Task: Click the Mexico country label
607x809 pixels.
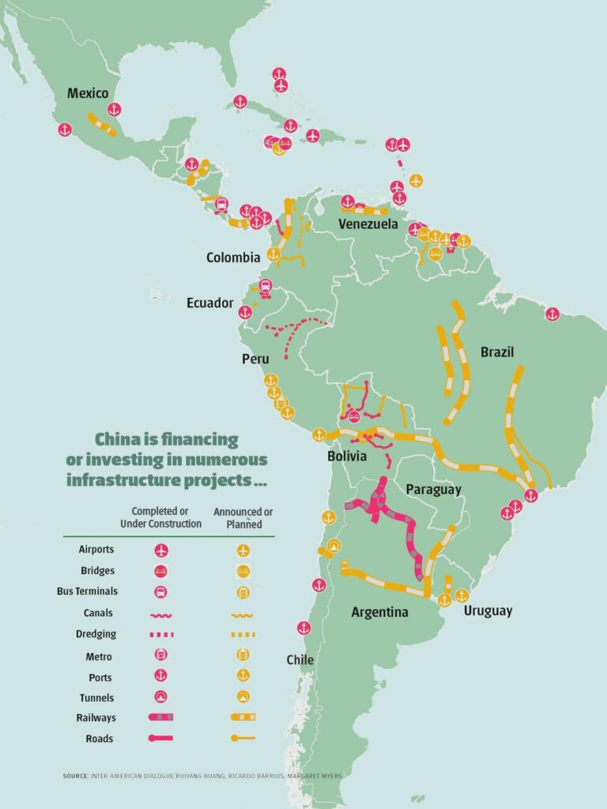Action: (87, 93)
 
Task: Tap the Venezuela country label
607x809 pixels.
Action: (368, 224)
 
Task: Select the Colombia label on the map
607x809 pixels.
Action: (233, 258)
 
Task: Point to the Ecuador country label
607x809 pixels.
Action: (209, 303)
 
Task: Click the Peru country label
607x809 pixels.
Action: (255, 359)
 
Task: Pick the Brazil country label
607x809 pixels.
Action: (497, 352)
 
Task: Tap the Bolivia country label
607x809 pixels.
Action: (347, 457)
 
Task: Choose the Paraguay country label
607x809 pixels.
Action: (433, 490)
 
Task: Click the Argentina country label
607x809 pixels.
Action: (379, 612)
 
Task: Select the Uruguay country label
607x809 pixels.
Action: (488, 611)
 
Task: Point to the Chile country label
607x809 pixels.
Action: (300, 660)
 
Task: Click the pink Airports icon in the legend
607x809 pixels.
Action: (161, 550)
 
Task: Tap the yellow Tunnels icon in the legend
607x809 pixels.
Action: (243, 698)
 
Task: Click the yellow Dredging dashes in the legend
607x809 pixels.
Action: (243, 634)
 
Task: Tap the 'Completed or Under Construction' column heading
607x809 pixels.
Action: (161, 517)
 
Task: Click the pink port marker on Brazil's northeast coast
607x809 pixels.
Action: (552, 314)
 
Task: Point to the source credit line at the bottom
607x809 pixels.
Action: (203, 777)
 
